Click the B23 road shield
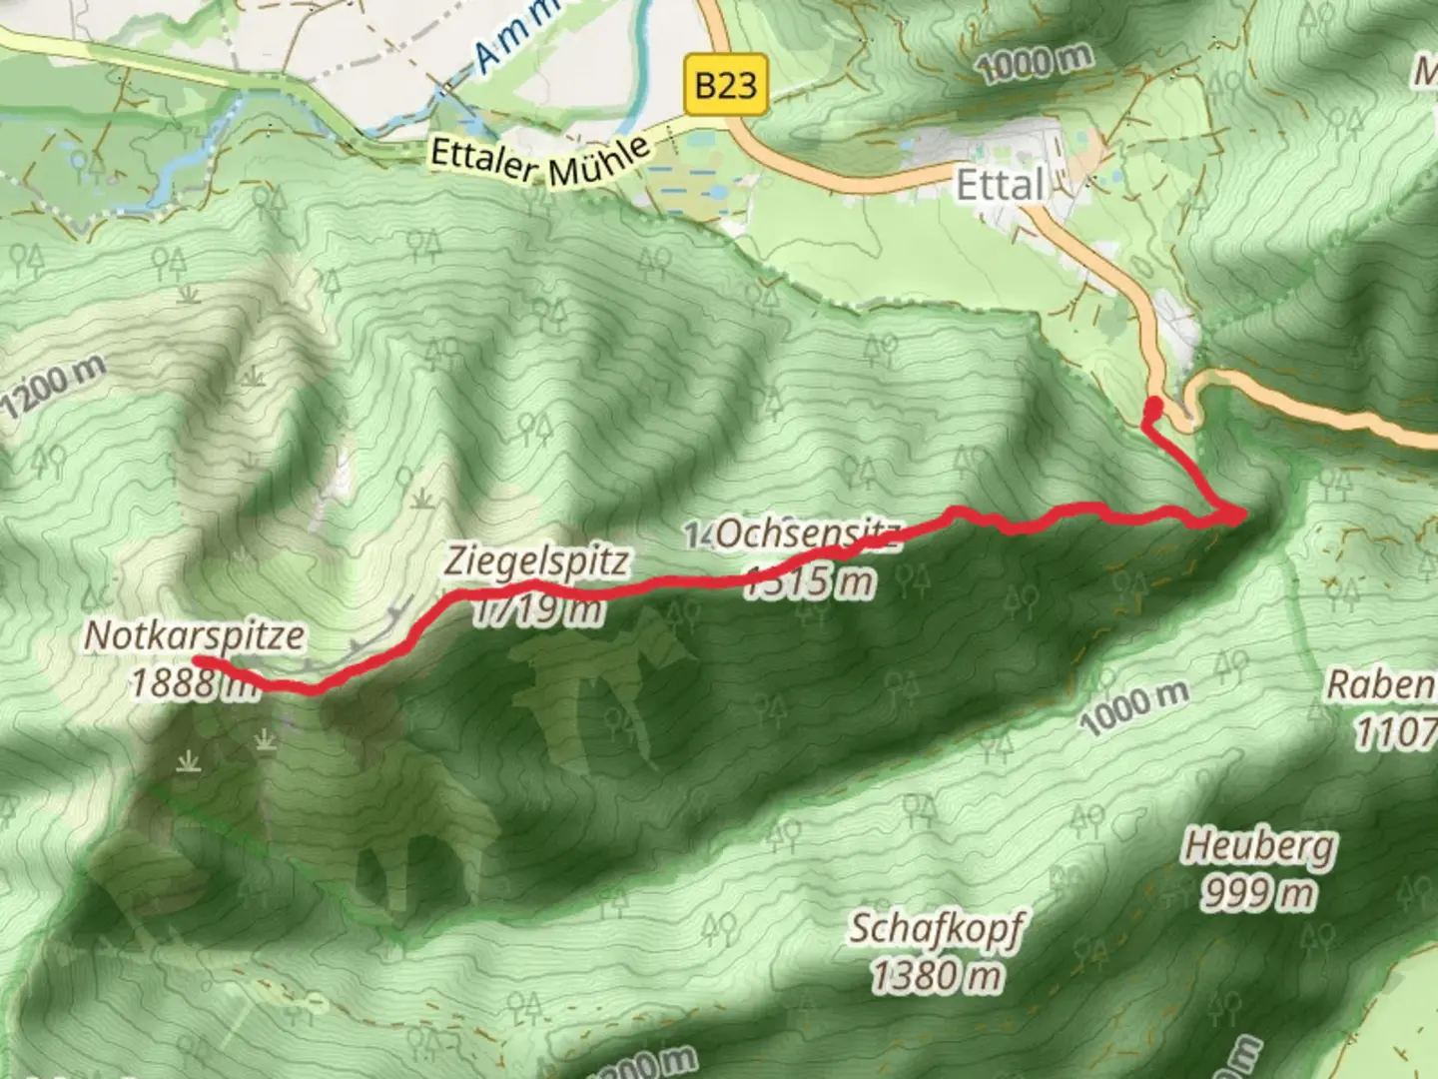click(x=726, y=85)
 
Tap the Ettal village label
click(x=1001, y=186)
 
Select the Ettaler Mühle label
click(x=540, y=160)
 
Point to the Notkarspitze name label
click(x=194, y=635)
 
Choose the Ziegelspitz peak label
click(x=536, y=560)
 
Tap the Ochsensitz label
click(x=807, y=535)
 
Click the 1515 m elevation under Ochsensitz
click(x=809, y=580)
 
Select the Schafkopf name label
click(x=937, y=928)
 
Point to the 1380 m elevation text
click(x=937, y=974)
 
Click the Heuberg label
click(x=1258, y=847)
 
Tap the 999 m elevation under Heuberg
click(x=1258, y=892)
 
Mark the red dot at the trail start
click(x=1152, y=406)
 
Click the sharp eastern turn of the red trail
click(x=1238, y=516)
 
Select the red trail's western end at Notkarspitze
click(x=198, y=661)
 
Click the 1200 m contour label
click(x=52, y=389)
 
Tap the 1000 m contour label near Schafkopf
click(x=1134, y=706)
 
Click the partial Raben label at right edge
click(x=1384, y=685)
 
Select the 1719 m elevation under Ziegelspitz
click(x=537, y=608)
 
